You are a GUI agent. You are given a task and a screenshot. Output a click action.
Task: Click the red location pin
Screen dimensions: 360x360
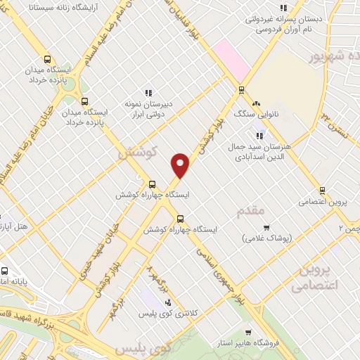point(181,165)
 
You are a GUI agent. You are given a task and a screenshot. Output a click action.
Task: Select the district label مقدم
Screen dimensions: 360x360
point(251,210)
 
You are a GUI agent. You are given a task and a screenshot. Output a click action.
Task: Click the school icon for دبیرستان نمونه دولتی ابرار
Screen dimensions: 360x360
point(148,93)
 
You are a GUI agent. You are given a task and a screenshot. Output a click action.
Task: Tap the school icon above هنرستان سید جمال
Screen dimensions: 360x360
point(259,136)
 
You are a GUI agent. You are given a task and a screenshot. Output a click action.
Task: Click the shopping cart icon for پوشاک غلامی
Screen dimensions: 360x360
point(266,227)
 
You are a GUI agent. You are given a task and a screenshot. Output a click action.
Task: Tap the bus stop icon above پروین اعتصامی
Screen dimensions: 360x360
point(322,190)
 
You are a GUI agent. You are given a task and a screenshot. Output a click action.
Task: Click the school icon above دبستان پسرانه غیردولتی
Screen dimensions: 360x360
point(283,8)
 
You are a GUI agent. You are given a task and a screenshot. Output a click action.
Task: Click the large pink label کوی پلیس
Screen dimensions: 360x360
point(143,347)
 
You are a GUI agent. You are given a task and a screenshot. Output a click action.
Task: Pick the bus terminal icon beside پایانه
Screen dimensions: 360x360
point(4,271)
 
